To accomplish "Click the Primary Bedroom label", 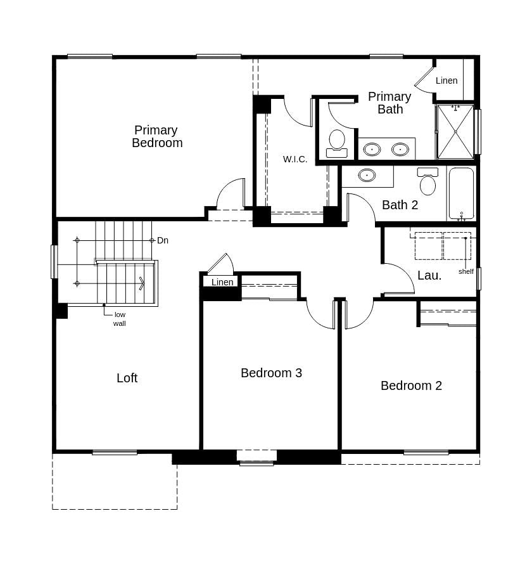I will (156, 136).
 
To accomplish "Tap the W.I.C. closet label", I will (295, 159).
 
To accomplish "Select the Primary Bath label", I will (389, 103).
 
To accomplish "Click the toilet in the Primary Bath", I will (337, 142).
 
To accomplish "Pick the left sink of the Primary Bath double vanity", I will (372, 150).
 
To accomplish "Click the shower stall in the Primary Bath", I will (455, 132).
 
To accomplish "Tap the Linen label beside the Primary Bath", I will (446, 81).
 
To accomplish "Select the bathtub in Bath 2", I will (461, 193).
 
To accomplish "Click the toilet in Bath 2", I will (428, 183).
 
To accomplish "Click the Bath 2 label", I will (400, 205).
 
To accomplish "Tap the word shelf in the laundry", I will (466, 271).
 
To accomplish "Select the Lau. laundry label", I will (429, 275).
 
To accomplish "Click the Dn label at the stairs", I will (163, 240).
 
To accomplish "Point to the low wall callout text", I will (120, 319).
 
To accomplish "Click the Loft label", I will (127, 378).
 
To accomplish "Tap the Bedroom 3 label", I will (271, 373).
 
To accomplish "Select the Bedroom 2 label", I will (411, 385).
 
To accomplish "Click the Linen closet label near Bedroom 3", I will (222, 282).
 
